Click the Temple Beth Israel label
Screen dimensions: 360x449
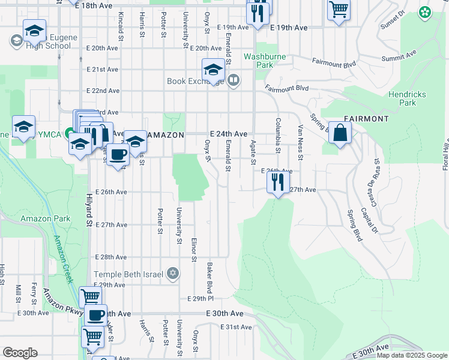tap(128, 274)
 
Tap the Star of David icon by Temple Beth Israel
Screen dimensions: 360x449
tap(173, 274)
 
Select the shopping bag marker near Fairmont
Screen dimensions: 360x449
tap(340, 134)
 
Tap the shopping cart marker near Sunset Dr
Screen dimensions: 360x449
tap(339, 10)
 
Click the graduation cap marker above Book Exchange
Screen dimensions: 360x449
tap(212, 71)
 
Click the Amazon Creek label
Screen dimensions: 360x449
tap(63, 259)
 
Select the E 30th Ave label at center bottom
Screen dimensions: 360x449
tap(225, 314)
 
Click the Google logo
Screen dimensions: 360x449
tap(20, 353)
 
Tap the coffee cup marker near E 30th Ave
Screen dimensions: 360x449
tap(95, 315)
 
